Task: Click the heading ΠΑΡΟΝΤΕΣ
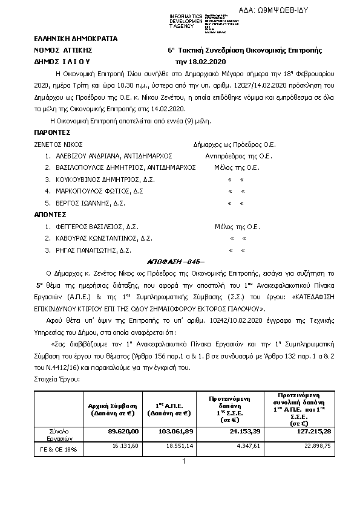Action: (x=53, y=131)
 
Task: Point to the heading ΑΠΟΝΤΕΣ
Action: (x=50, y=214)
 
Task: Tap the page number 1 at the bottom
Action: (x=183, y=462)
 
